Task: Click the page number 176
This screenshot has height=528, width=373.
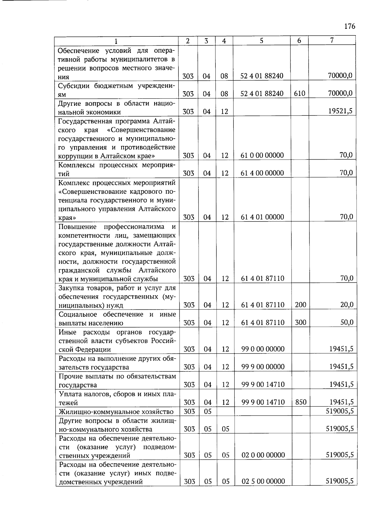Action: click(350, 26)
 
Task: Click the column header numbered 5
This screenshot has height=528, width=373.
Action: click(261, 40)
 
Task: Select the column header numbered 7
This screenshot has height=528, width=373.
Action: click(332, 40)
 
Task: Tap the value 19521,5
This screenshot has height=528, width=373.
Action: click(341, 111)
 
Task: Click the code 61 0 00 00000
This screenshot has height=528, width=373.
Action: click(262, 155)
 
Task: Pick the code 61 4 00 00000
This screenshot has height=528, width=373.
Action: click(262, 173)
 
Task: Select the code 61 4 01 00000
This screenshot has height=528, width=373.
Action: click(262, 217)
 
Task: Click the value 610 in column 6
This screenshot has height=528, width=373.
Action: click(299, 93)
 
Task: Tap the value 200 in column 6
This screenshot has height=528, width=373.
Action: click(301, 305)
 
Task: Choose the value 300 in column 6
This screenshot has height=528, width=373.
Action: click(301, 322)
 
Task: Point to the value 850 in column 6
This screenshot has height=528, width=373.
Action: click(301, 402)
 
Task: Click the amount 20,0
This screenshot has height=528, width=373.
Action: click(347, 305)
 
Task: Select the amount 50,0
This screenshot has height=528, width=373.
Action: click(347, 322)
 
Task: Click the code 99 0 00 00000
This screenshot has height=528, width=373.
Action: click(263, 349)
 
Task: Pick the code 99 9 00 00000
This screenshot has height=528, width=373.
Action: click(263, 367)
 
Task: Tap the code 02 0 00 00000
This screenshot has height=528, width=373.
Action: click(263, 455)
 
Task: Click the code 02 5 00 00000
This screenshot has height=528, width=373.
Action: click(263, 481)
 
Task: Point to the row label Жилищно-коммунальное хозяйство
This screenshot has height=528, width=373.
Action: click(116, 412)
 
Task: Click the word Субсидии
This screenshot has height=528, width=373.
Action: click(74, 86)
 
